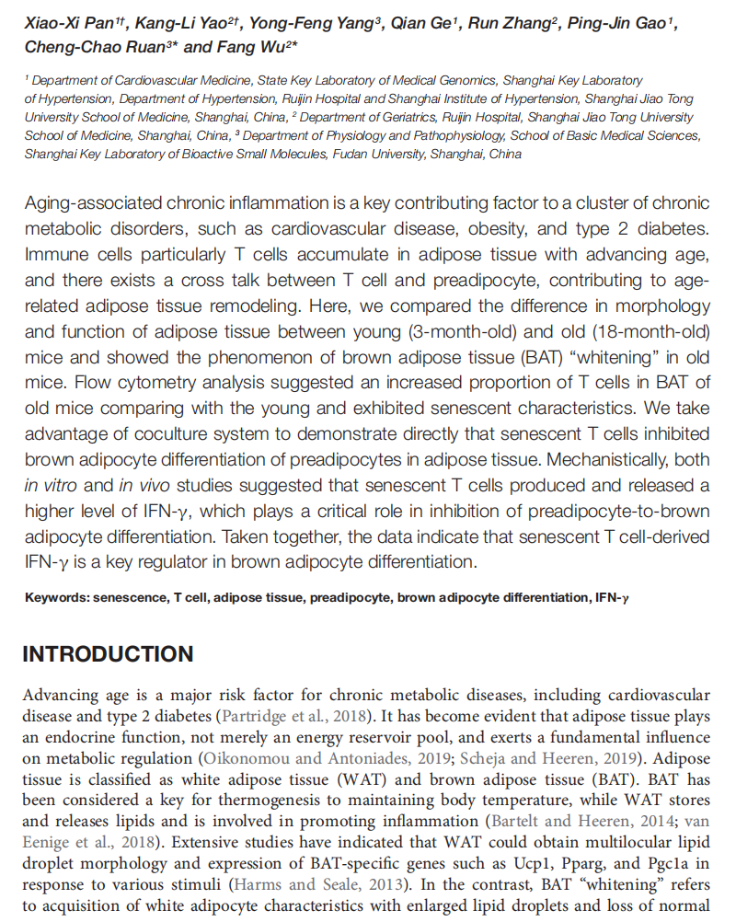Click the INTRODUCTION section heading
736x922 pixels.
(x=108, y=654)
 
